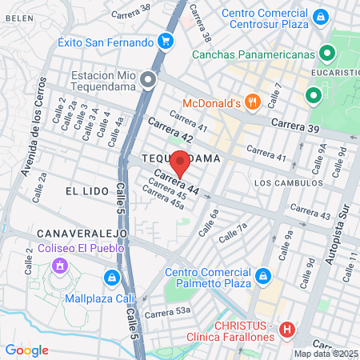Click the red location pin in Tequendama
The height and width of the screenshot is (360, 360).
click(x=181, y=162)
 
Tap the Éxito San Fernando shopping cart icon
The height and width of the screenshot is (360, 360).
click(x=166, y=41)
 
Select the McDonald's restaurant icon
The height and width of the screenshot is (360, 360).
click(x=252, y=102)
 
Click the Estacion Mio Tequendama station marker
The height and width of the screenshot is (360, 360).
click(x=147, y=79)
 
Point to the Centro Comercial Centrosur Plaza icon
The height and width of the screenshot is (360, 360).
click(x=320, y=16)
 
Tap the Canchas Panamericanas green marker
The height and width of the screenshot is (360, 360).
click(x=326, y=54)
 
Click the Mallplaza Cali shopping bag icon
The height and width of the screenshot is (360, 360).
click(x=111, y=278)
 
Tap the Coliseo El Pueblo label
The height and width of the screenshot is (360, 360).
click(x=80, y=247)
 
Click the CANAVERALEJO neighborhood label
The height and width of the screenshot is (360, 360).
click(x=82, y=232)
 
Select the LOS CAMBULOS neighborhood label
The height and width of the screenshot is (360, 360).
click(x=286, y=182)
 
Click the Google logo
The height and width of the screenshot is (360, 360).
click(x=26, y=350)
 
